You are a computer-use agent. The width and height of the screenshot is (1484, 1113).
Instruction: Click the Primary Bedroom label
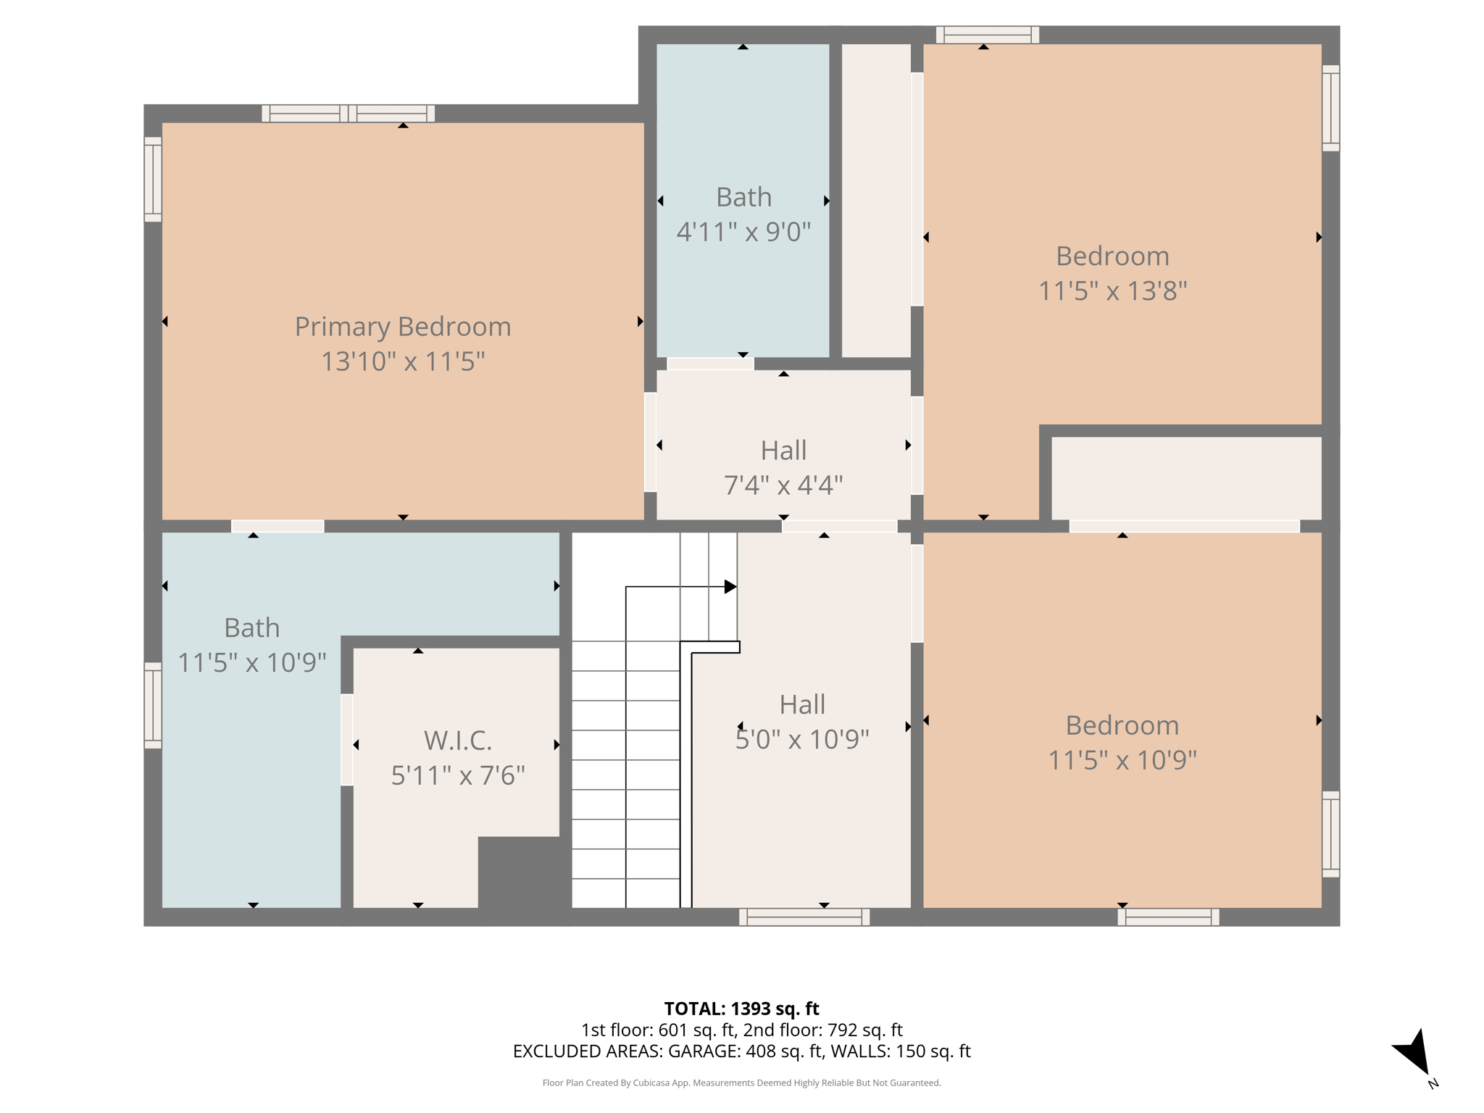pyautogui.click(x=402, y=327)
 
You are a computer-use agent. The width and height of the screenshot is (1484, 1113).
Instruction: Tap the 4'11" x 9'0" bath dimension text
pyautogui.click(x=743, y=232)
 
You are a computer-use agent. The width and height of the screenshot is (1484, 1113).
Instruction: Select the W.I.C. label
pyautogui.click(x=457, y=741)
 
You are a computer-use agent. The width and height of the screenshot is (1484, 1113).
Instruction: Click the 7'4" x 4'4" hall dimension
pyautogui.click(x=783, y=485)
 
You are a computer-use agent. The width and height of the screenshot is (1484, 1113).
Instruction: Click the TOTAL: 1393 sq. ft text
pyautogui.click(x=741, y=1009)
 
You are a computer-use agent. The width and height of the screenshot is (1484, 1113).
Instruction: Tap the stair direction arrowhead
pyautogui.click(x=730, y=587)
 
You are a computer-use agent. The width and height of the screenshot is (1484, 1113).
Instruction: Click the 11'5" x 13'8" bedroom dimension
pyautogui.click(x=1112, y=291)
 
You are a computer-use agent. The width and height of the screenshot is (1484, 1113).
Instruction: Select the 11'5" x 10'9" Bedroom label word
pyautogui.click(x=1122, y=725)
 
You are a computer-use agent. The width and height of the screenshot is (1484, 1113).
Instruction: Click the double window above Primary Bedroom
pyautogui.click(x=348, y=114)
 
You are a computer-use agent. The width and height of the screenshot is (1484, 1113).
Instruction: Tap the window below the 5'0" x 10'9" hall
pyautogui.click(x=804, y=917)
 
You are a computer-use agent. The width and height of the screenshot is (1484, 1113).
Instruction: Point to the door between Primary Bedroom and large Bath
pyautogui.click(x=278, y=526)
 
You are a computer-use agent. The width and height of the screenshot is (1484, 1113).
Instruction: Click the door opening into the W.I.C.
pyautogui.click(x=347, y=740)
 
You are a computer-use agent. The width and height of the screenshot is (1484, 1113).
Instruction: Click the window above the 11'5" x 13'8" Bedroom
pyautogui.click(x=987, y=35)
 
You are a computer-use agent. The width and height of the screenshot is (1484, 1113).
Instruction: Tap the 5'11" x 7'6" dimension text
pyautogui.click(x=457, y=776)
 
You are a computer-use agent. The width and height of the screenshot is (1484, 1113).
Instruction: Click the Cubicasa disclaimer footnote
pyautogui.click(x=741, y=1083)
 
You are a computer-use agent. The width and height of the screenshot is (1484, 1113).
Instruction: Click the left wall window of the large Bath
pyautogui.click(x=153, y=705)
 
